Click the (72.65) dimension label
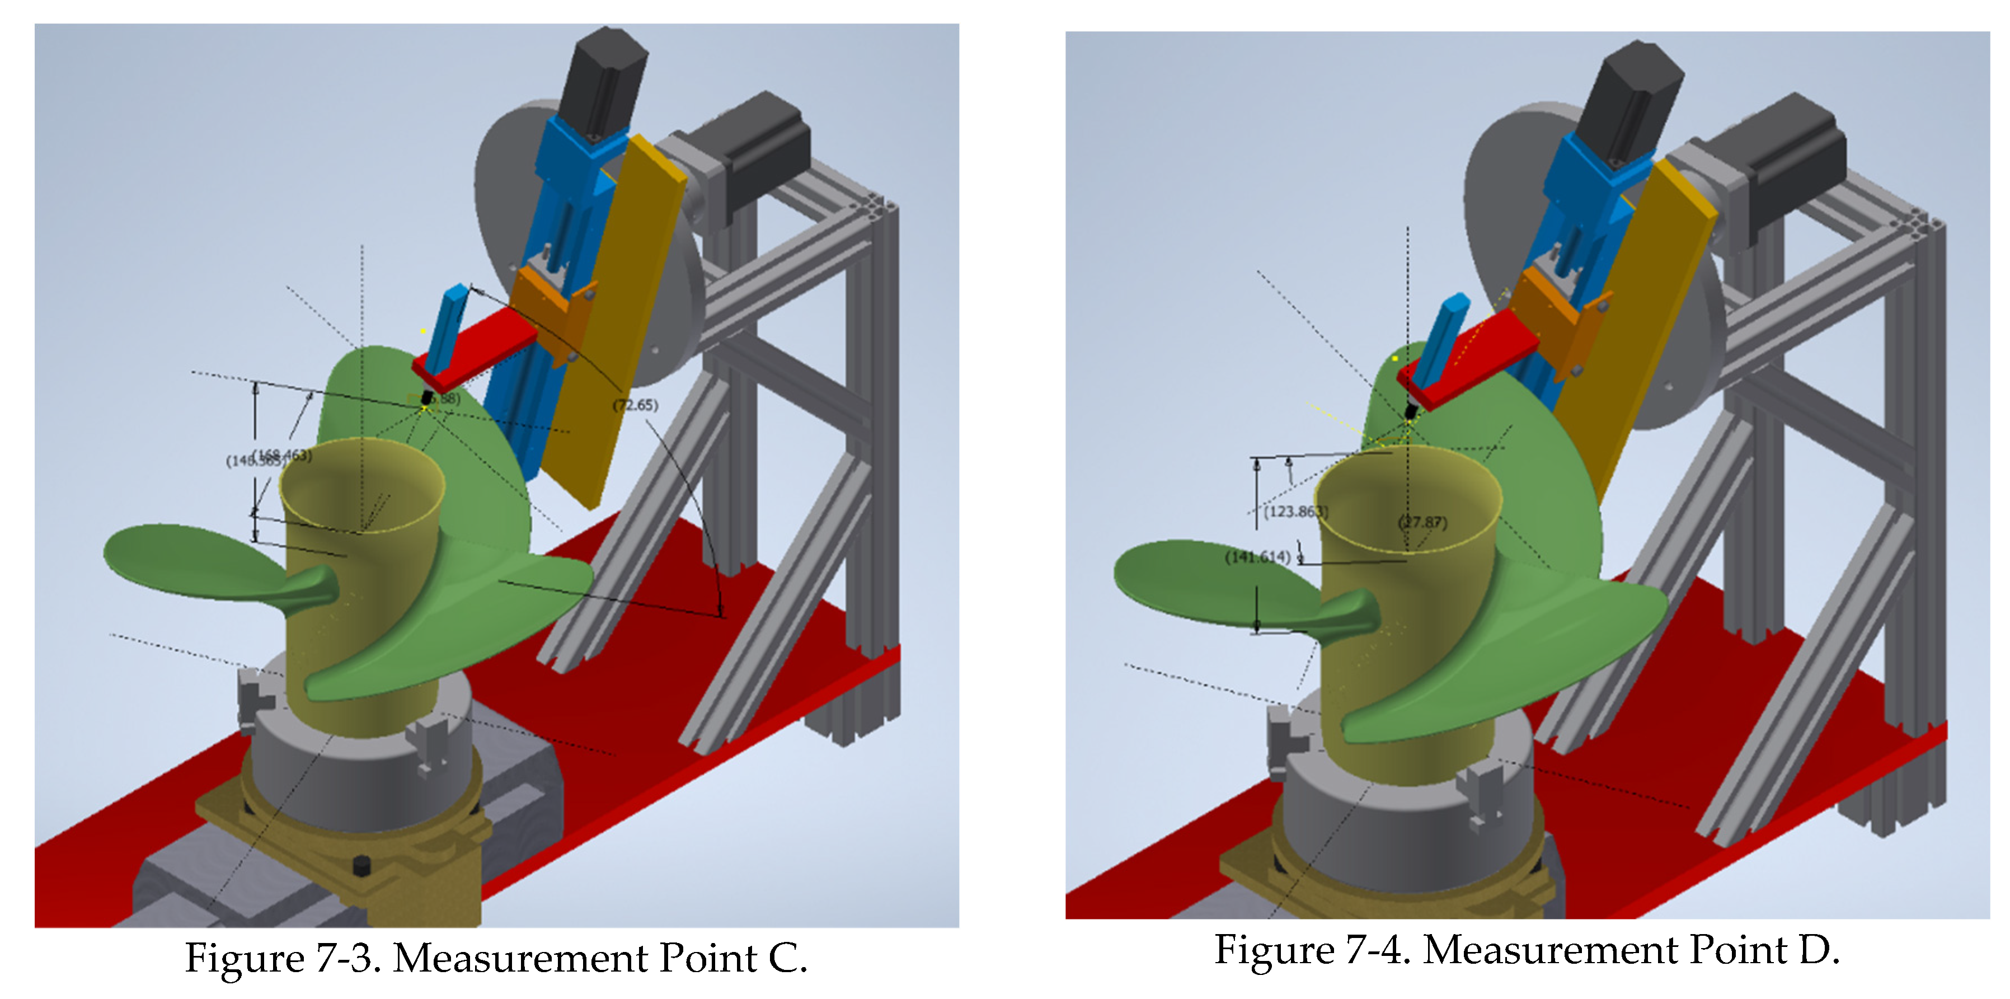click(635, 405)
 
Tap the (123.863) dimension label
click(1296, 512)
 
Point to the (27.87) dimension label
click(1422, 522)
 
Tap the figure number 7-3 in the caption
click(347, 958)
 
